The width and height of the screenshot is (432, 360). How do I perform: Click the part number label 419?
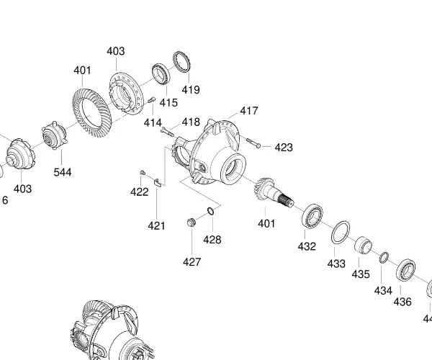point(191,90)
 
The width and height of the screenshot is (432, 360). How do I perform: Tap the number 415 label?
point(168,102)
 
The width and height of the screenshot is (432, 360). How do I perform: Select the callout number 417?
point(249,111)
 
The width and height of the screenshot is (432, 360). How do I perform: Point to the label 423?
point(284,147)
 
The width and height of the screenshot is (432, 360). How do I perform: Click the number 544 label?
point(63,172)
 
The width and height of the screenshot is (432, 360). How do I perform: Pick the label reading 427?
point(192,262)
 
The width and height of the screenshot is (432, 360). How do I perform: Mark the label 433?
point(336,264)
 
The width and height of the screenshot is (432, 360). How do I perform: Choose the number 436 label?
point(402,302)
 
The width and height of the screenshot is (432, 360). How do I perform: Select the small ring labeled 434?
point(384,257)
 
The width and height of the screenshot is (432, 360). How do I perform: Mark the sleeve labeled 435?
point(363,245)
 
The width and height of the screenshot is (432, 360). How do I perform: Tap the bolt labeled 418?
point(168,131)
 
